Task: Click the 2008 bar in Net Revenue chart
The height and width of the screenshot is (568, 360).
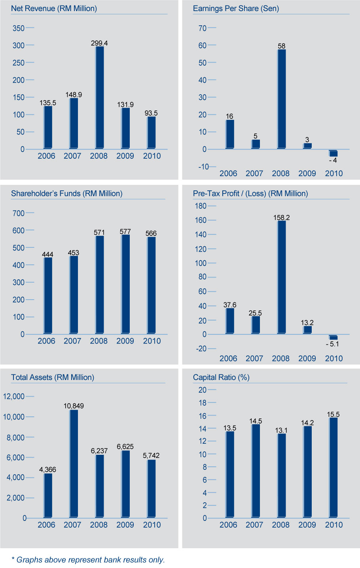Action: click(x=99, y=97)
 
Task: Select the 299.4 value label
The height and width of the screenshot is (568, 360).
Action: click(x=99, y=43)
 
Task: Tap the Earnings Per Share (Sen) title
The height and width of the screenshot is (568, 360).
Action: click(x=236, y=8)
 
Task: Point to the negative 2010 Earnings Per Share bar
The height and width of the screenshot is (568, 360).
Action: click(x=333, y=154)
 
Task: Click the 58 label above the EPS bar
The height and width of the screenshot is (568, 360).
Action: click(x=281, y=46)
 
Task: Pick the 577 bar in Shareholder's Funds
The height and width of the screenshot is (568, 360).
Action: click(x=125, y=284)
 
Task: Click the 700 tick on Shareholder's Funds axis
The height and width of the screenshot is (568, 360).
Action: click(x=19, y=213)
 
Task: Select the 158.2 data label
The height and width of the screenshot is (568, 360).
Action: click(x=281, y=218)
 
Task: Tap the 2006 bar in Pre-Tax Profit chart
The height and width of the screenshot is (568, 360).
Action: click(x=229, y=321)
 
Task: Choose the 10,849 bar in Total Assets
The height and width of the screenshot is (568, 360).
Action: click(x=74, y=464)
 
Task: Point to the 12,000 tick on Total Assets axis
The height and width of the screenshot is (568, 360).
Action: click(x=14, y=396)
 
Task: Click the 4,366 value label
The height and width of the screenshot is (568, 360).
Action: click(x=47, y=469)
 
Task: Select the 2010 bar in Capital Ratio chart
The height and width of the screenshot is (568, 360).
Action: click(x=333, y=467)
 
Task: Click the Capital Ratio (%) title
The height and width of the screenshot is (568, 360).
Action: click(x=221, y=377)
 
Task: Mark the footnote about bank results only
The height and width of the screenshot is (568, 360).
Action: click(x=88, y=560)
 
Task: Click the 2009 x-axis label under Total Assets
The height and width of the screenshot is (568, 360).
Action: click(x=125, y=525)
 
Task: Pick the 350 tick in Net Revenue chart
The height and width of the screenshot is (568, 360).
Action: click(x=19, y=28)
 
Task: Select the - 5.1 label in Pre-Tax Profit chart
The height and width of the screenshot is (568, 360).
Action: click(x=332, y=344)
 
